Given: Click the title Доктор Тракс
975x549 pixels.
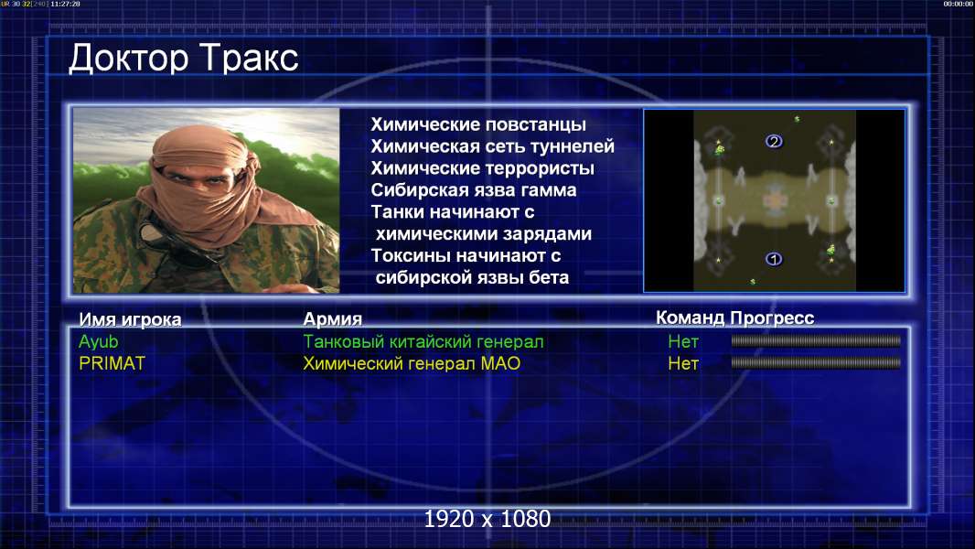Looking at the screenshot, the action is [x=184, y=59].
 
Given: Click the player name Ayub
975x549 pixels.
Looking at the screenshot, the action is [x=98, y=342].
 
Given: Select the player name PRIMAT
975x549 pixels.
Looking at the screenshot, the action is [x=112, y=363].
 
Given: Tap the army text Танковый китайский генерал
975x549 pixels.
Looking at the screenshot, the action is [x=423, y=341].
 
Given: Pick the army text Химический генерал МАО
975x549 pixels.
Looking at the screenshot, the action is [x=412, y=363].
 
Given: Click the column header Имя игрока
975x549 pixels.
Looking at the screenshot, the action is [x=130, y=319].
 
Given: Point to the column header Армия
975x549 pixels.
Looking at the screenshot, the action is [x=333, y=319].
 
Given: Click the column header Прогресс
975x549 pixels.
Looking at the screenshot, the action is [x=772, y=318].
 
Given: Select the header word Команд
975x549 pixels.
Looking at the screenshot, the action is [x=691, y=318].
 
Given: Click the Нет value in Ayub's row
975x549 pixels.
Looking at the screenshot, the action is [x=683, y=341].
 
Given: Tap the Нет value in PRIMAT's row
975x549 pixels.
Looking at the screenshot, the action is [x=683, y=364].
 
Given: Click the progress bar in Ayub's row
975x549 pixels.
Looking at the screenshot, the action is [x=816, y=340].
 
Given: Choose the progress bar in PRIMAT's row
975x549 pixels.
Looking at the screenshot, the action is [x=816, y=362].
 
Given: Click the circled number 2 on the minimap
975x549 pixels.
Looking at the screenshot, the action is [x=774, y=142].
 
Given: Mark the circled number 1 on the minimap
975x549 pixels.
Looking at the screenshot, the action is [x=774, y=259].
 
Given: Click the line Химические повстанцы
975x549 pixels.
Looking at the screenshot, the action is [x=478, y=124].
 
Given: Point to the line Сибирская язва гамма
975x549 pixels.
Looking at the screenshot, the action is [x=474, y=189].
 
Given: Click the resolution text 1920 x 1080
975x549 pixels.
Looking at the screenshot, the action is [x=487, y=519].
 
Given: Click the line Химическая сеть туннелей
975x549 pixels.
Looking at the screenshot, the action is [x=492, y=146].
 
